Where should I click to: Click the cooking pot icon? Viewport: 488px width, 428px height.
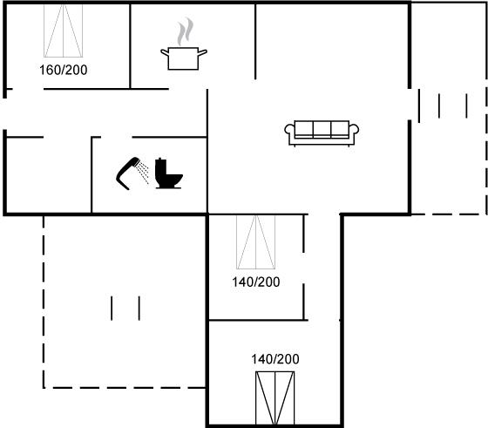(x=183, y=58)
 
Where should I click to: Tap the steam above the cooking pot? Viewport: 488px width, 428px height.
(x=185, y=31)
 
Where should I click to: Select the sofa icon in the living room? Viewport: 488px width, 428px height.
(x=322, y=132)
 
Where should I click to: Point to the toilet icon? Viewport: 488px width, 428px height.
(x=168, y=173)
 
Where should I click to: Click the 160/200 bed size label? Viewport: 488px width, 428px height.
(x=63, y=70)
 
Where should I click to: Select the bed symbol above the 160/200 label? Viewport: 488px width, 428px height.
(x=63, y=31)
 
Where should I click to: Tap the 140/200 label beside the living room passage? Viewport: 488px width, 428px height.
(x=256, y=282)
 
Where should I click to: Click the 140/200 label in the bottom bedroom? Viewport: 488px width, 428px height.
(x=275, y=359)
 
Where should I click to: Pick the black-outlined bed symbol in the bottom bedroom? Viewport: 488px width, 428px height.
(x=275, y=398)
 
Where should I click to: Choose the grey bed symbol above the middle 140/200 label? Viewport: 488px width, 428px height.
(x=256, y=242)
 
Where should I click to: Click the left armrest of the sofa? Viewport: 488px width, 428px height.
(x=289, y=130)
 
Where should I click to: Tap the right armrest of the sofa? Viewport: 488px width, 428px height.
(x=354, y=130)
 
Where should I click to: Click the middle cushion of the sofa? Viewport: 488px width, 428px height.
(x=322, y=128)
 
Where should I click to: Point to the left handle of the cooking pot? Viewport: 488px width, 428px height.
(x=165, y=53)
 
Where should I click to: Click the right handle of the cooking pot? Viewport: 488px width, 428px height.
(x=202, y=53)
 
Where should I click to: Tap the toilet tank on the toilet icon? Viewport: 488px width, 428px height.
(x=160, y=171)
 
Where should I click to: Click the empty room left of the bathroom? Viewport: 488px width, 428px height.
(x=49, y=175)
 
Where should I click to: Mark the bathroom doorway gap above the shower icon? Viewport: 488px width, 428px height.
(x=117, y=137)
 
